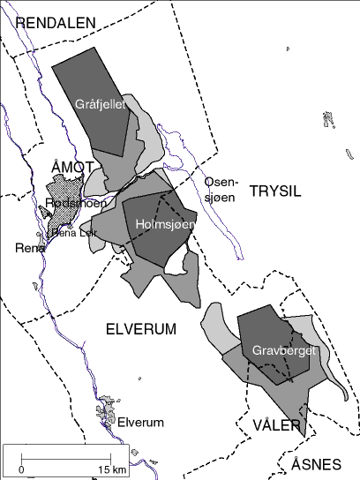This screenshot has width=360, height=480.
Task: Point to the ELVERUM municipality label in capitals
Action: (x=141, y=329)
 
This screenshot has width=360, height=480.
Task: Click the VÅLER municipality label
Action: (x=277, y=425)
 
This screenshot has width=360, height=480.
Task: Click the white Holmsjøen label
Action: (x=165, y=225)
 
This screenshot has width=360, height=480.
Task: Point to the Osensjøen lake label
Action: (x=220, y=189)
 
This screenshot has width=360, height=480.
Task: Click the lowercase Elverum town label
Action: (x=140, y=423)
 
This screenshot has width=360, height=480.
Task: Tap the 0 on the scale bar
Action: (x=21, y=468)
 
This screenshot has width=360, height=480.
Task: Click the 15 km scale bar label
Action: (x=113, y=468)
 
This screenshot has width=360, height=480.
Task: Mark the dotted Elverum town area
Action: (x=109, y=409)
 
